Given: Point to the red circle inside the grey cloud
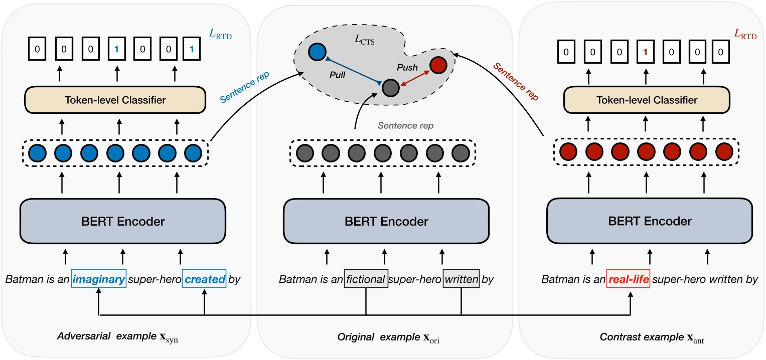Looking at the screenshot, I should tap(437, 65).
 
